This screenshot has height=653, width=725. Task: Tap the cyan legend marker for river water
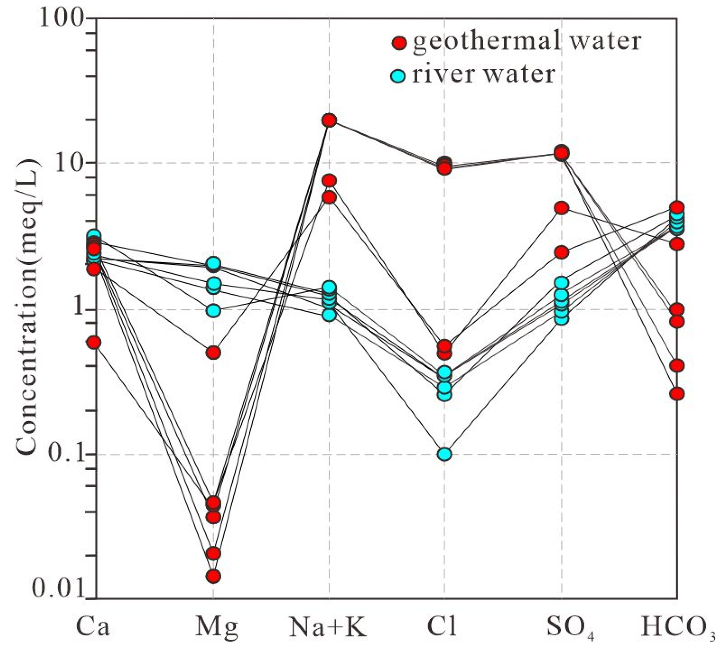tap(398, 76)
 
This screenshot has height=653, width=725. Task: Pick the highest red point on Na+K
tap(329, 121)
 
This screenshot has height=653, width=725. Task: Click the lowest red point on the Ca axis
tap(94, 343)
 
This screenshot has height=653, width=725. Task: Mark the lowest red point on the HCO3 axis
tap(677, 394)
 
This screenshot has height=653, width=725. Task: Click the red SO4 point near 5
tap(561, 208)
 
